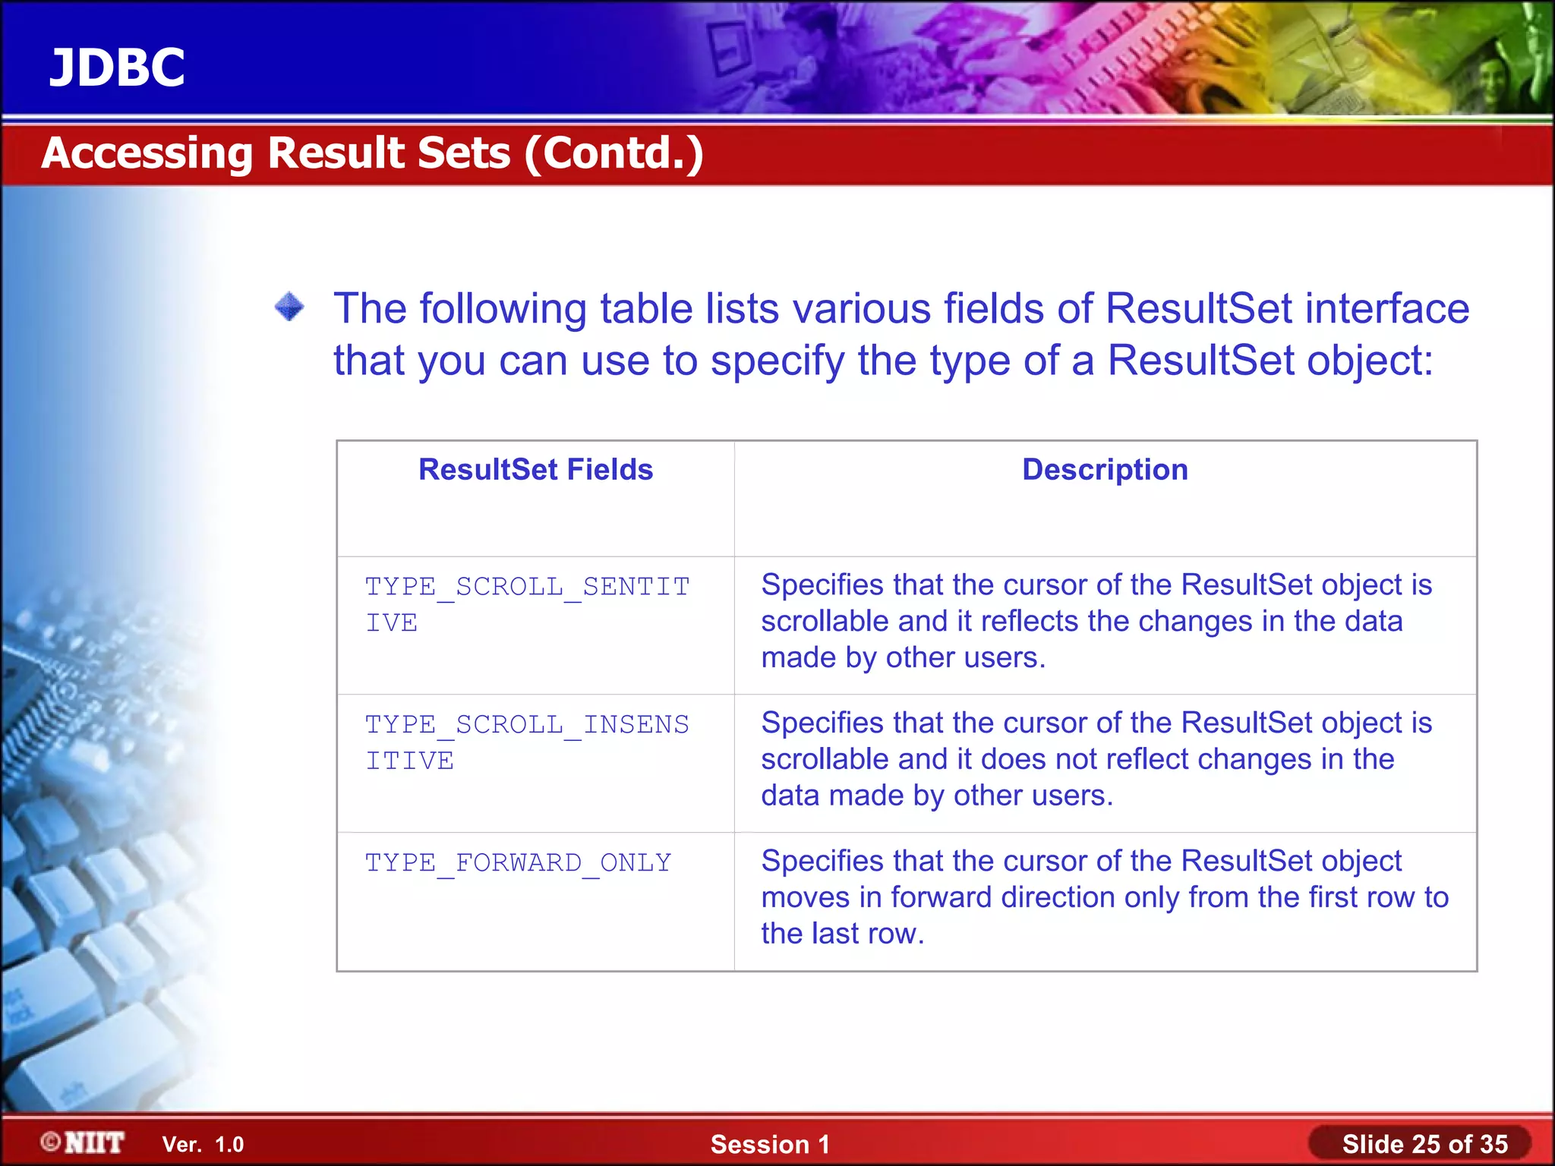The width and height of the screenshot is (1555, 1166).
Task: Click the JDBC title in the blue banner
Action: [x=117, y=68]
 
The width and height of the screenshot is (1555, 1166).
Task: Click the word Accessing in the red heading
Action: [x=147, y=153]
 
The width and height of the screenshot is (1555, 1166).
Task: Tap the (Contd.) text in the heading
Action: [x=613, y=153]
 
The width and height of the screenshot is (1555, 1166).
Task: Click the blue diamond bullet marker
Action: [x=289, y=307]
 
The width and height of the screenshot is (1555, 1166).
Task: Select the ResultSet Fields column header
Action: [x=535, y=470]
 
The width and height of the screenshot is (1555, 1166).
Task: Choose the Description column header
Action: [x=1105, y=470]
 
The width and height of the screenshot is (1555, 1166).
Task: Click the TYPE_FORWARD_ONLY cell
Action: [x=519, y=863]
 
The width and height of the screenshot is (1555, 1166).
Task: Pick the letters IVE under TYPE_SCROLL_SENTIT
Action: [x=392, y=623]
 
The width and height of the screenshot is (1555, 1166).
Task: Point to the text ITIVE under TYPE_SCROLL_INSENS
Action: [x=410, y=761]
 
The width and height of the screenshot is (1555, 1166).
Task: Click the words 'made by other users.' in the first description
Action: [x=903, y=657]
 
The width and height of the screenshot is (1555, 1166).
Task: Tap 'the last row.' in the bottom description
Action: [x=842, y=934]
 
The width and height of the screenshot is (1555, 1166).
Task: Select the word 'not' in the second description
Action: [x=1087, y=759]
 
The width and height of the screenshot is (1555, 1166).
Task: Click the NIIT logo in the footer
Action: [x=84, y=1143]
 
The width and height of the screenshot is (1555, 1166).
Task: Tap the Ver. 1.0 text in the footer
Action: [x=203, y=1145]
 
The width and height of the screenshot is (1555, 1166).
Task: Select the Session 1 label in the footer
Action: [x=770, y=1145]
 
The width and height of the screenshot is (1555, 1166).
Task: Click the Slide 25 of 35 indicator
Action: [x=1424, y=1144]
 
